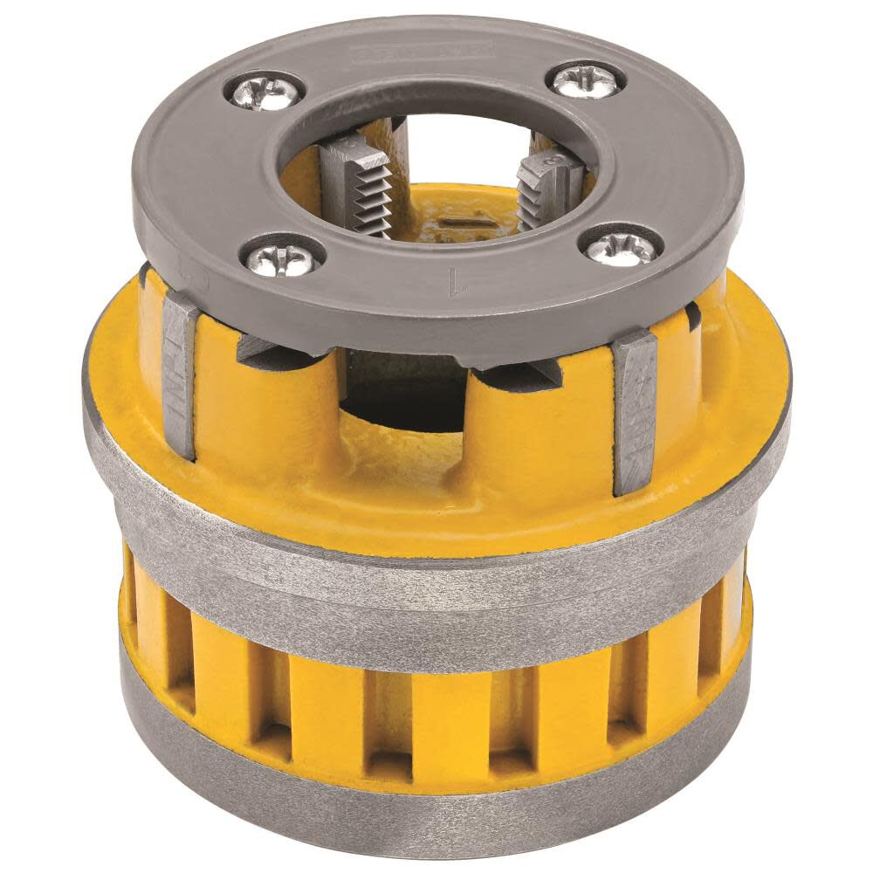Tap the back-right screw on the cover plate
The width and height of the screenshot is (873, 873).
pyautogui.click(x=586, y=80)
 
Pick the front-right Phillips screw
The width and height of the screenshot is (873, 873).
pyautogui.click(x=619, y=245)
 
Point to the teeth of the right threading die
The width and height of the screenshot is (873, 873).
pyautogui.click(x=543, y=194)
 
